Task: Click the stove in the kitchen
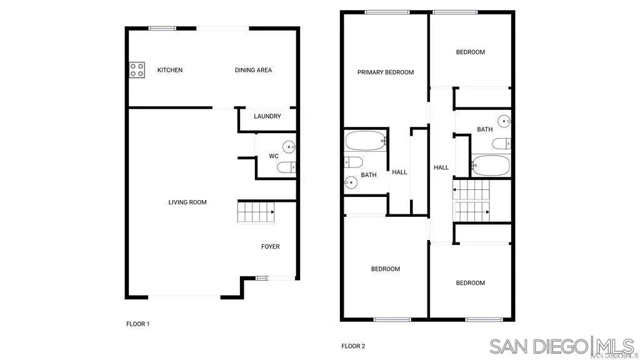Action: [x=136, y=70]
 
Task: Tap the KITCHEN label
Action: [x=170, y=70]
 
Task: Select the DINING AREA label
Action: [x=253, y=70]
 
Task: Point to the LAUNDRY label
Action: [x=267, y=116]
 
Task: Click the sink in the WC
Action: [x=289, y=147]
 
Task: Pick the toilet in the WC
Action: [x=287, y=167]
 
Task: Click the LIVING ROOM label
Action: [x=187, y=202]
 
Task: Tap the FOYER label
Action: [x=270, y=247]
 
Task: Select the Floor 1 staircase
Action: [x=256, y=212]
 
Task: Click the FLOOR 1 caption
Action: [x=138, y=324]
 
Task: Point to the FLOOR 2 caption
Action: [x=353, y=346]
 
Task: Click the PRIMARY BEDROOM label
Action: [x=386, y=72]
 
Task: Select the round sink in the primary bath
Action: [x=351, y=182]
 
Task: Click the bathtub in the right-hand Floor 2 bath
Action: [x=491, y=166]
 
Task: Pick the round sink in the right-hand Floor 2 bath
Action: [x=504, y=121]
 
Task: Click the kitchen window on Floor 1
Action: [x=162, y=27]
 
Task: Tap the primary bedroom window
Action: [x=387, y=12]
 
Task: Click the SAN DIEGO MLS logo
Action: [x=562, y=346]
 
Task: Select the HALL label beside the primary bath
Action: [x=399, y=172]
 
